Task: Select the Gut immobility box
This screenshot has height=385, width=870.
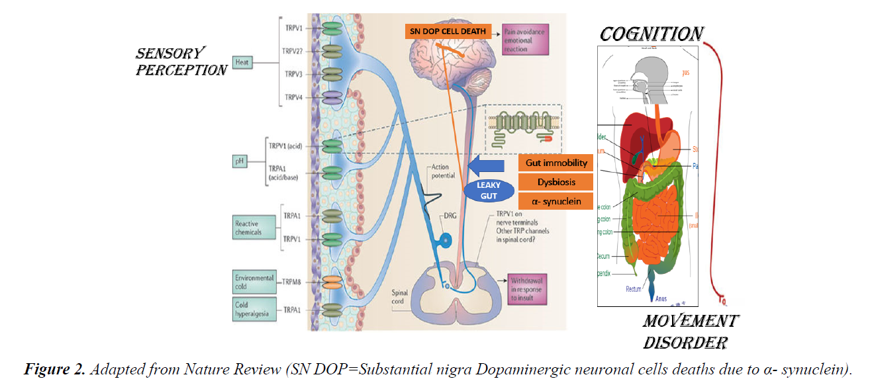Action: (x=556, y=163)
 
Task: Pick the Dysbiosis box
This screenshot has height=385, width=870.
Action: (x=556, y=182)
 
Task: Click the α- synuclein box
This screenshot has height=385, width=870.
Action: (x=556, y=200)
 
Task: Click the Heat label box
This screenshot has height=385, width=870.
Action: (x=242, y=63)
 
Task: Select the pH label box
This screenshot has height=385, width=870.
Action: (x=239, y=160)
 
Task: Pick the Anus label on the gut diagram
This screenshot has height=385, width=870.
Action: (x=661, y=298)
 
